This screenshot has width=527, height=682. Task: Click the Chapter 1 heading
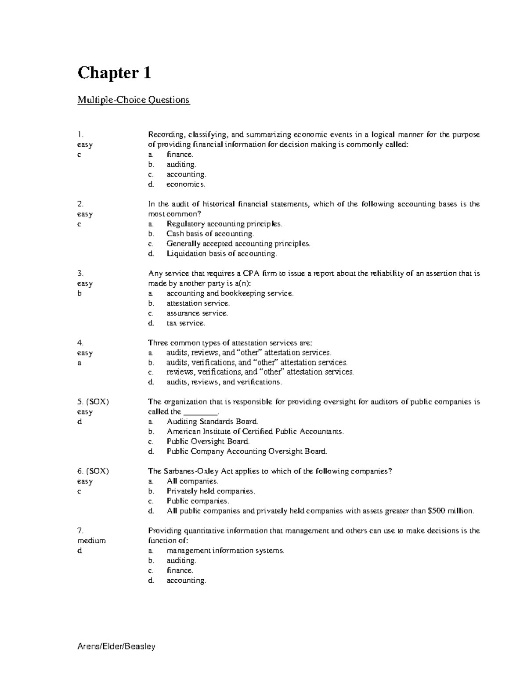point(114,72)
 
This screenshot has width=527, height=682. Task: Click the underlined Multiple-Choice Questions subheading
point(134,100)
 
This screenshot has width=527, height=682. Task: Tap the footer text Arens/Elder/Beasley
point(116,646)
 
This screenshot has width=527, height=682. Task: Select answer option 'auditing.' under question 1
point(181,165)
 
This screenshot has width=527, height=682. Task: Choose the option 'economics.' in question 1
point(185,184)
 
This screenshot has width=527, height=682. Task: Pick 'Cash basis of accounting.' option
point(210,234)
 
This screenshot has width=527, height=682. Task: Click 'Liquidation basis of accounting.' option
point(222,254)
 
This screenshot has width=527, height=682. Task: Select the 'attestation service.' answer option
point(198,303)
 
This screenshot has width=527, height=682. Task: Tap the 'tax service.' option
point(185,323)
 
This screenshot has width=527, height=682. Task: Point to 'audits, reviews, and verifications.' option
point(224,382)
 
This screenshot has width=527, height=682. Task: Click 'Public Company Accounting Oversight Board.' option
point(247,451)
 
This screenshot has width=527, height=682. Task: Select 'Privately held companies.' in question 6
point(211,491)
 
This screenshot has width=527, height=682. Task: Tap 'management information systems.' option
point(225,551)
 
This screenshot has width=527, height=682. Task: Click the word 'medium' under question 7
point(91,541)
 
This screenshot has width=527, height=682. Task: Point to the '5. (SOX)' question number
point(93,402)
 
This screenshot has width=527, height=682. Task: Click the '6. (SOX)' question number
point(93,471)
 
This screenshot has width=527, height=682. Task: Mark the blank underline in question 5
point(200,413)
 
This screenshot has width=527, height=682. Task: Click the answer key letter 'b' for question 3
point(79,293)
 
